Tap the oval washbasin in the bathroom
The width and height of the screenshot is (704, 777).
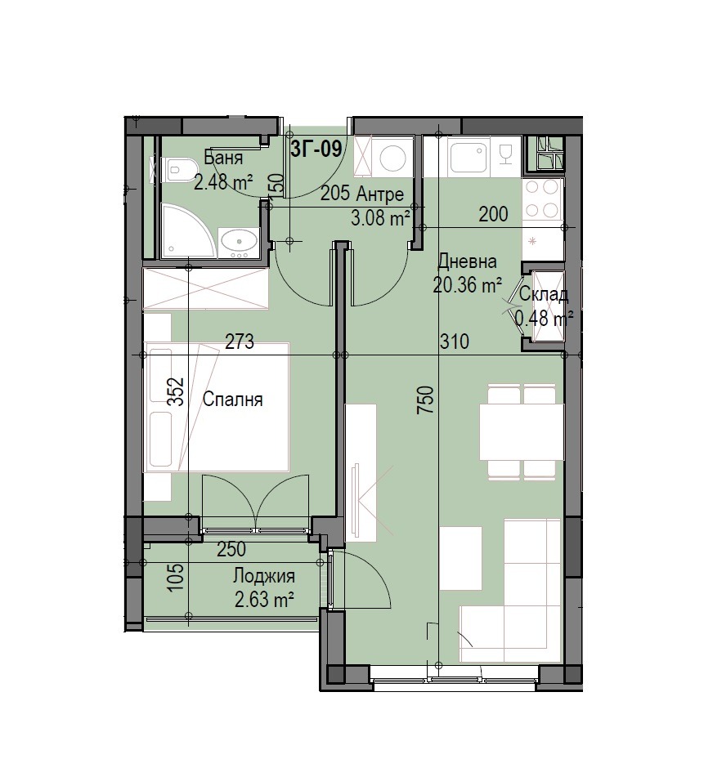[x=240, y=242]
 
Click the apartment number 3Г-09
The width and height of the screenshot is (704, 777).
[x=316, y=148]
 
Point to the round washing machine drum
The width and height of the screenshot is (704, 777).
[x=393, y=157]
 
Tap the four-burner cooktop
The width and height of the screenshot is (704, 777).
[x=542, y=199]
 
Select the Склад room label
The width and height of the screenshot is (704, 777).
[x=543, y=295]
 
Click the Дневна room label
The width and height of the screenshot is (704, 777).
[x=468, y=261]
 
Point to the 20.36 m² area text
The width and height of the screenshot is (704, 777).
[x=468, y=285]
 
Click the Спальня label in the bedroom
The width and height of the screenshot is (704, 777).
[x=232, y=400]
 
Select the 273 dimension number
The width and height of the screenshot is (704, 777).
[x=240, y=342]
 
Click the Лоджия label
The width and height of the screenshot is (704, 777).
[x=264, y=576]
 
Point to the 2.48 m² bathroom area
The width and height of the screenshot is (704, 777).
[x=223, y=182]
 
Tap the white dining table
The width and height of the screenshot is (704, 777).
[x=521, y=431]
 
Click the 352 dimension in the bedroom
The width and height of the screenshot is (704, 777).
[x=176, y=392]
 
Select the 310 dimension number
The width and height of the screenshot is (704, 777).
[x=454, y=342]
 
